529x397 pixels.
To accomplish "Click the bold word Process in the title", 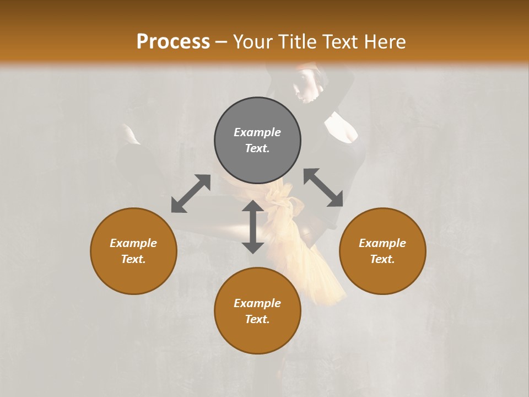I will point(173,42).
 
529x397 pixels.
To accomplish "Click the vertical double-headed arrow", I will point(253,227).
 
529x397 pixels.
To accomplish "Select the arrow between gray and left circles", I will point(191,194).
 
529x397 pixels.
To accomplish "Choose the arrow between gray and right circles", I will point(323,188).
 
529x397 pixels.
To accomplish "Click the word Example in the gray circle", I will point(257,132).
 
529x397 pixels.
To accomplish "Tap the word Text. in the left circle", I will point(133,259).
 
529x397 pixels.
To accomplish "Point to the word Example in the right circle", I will point(382,243).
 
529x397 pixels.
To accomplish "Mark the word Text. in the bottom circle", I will point(257,319).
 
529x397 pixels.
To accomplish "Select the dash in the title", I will point(222,42).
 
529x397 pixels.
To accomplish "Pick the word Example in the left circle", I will point(133,243).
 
